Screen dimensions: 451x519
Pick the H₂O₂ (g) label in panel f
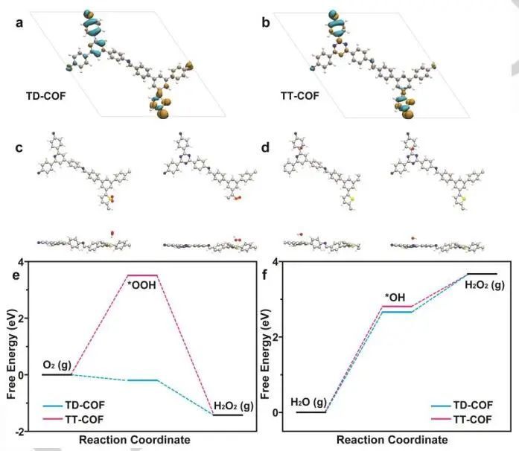(485, 284)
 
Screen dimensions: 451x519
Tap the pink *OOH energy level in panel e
(143, 275)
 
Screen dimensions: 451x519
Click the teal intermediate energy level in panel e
(143, 380)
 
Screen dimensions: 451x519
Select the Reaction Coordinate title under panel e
(134, 441)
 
